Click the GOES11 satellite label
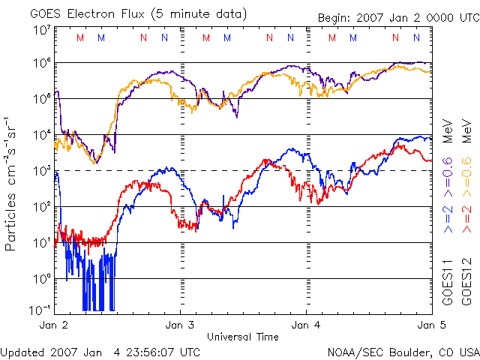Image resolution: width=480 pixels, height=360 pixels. click(448, 286)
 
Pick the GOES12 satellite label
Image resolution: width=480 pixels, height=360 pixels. click(466, 286)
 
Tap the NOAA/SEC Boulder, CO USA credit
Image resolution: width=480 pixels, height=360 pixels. click(403, 352)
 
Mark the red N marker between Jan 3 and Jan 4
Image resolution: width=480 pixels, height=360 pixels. click(269, 37)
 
